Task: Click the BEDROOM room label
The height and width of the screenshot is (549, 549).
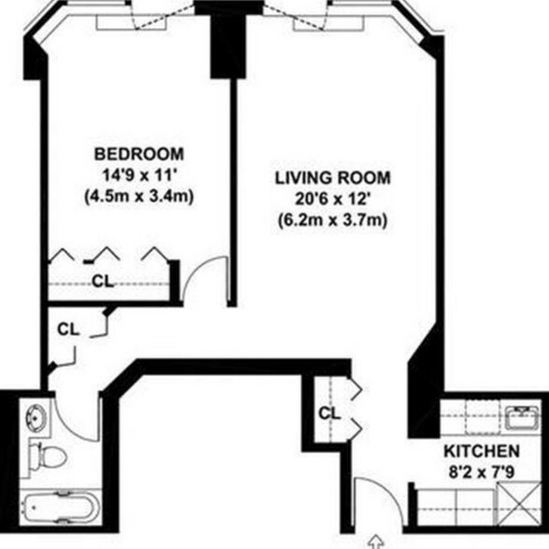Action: [139, 153]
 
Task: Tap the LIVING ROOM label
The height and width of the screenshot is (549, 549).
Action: [331, 177]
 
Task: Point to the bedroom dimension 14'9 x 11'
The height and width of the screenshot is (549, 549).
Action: [139, 174]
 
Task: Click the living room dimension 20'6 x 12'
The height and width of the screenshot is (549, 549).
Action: [331, 199]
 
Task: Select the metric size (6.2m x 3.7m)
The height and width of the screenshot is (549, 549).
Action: [331, 221]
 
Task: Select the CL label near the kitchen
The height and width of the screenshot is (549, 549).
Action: [329, 413]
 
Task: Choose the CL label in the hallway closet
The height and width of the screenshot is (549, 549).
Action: [67, 329]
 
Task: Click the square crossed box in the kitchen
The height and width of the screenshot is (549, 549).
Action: [522, 509]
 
